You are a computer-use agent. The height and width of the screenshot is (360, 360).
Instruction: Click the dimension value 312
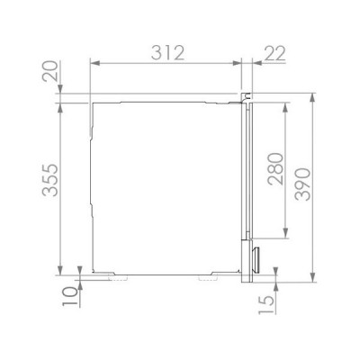tap(167, 51)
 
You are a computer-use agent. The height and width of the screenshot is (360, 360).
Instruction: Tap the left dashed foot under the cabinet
tap(116, 278)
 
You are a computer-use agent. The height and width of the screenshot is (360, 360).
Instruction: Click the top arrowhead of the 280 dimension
tap(285, 103)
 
